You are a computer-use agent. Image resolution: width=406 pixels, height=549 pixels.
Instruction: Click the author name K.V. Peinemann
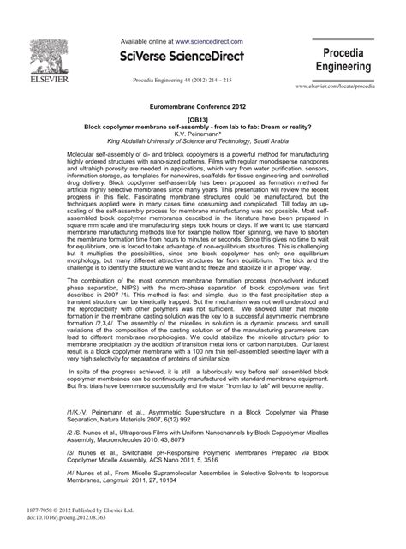tap(203, 134)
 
